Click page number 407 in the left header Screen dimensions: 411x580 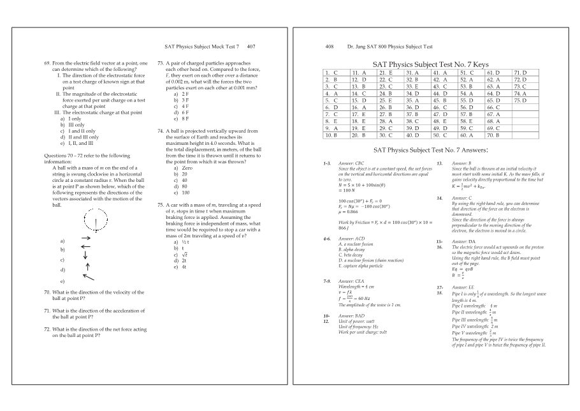(250, 47)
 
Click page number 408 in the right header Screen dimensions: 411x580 (330, 47)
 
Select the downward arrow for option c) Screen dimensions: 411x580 (85, 255)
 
